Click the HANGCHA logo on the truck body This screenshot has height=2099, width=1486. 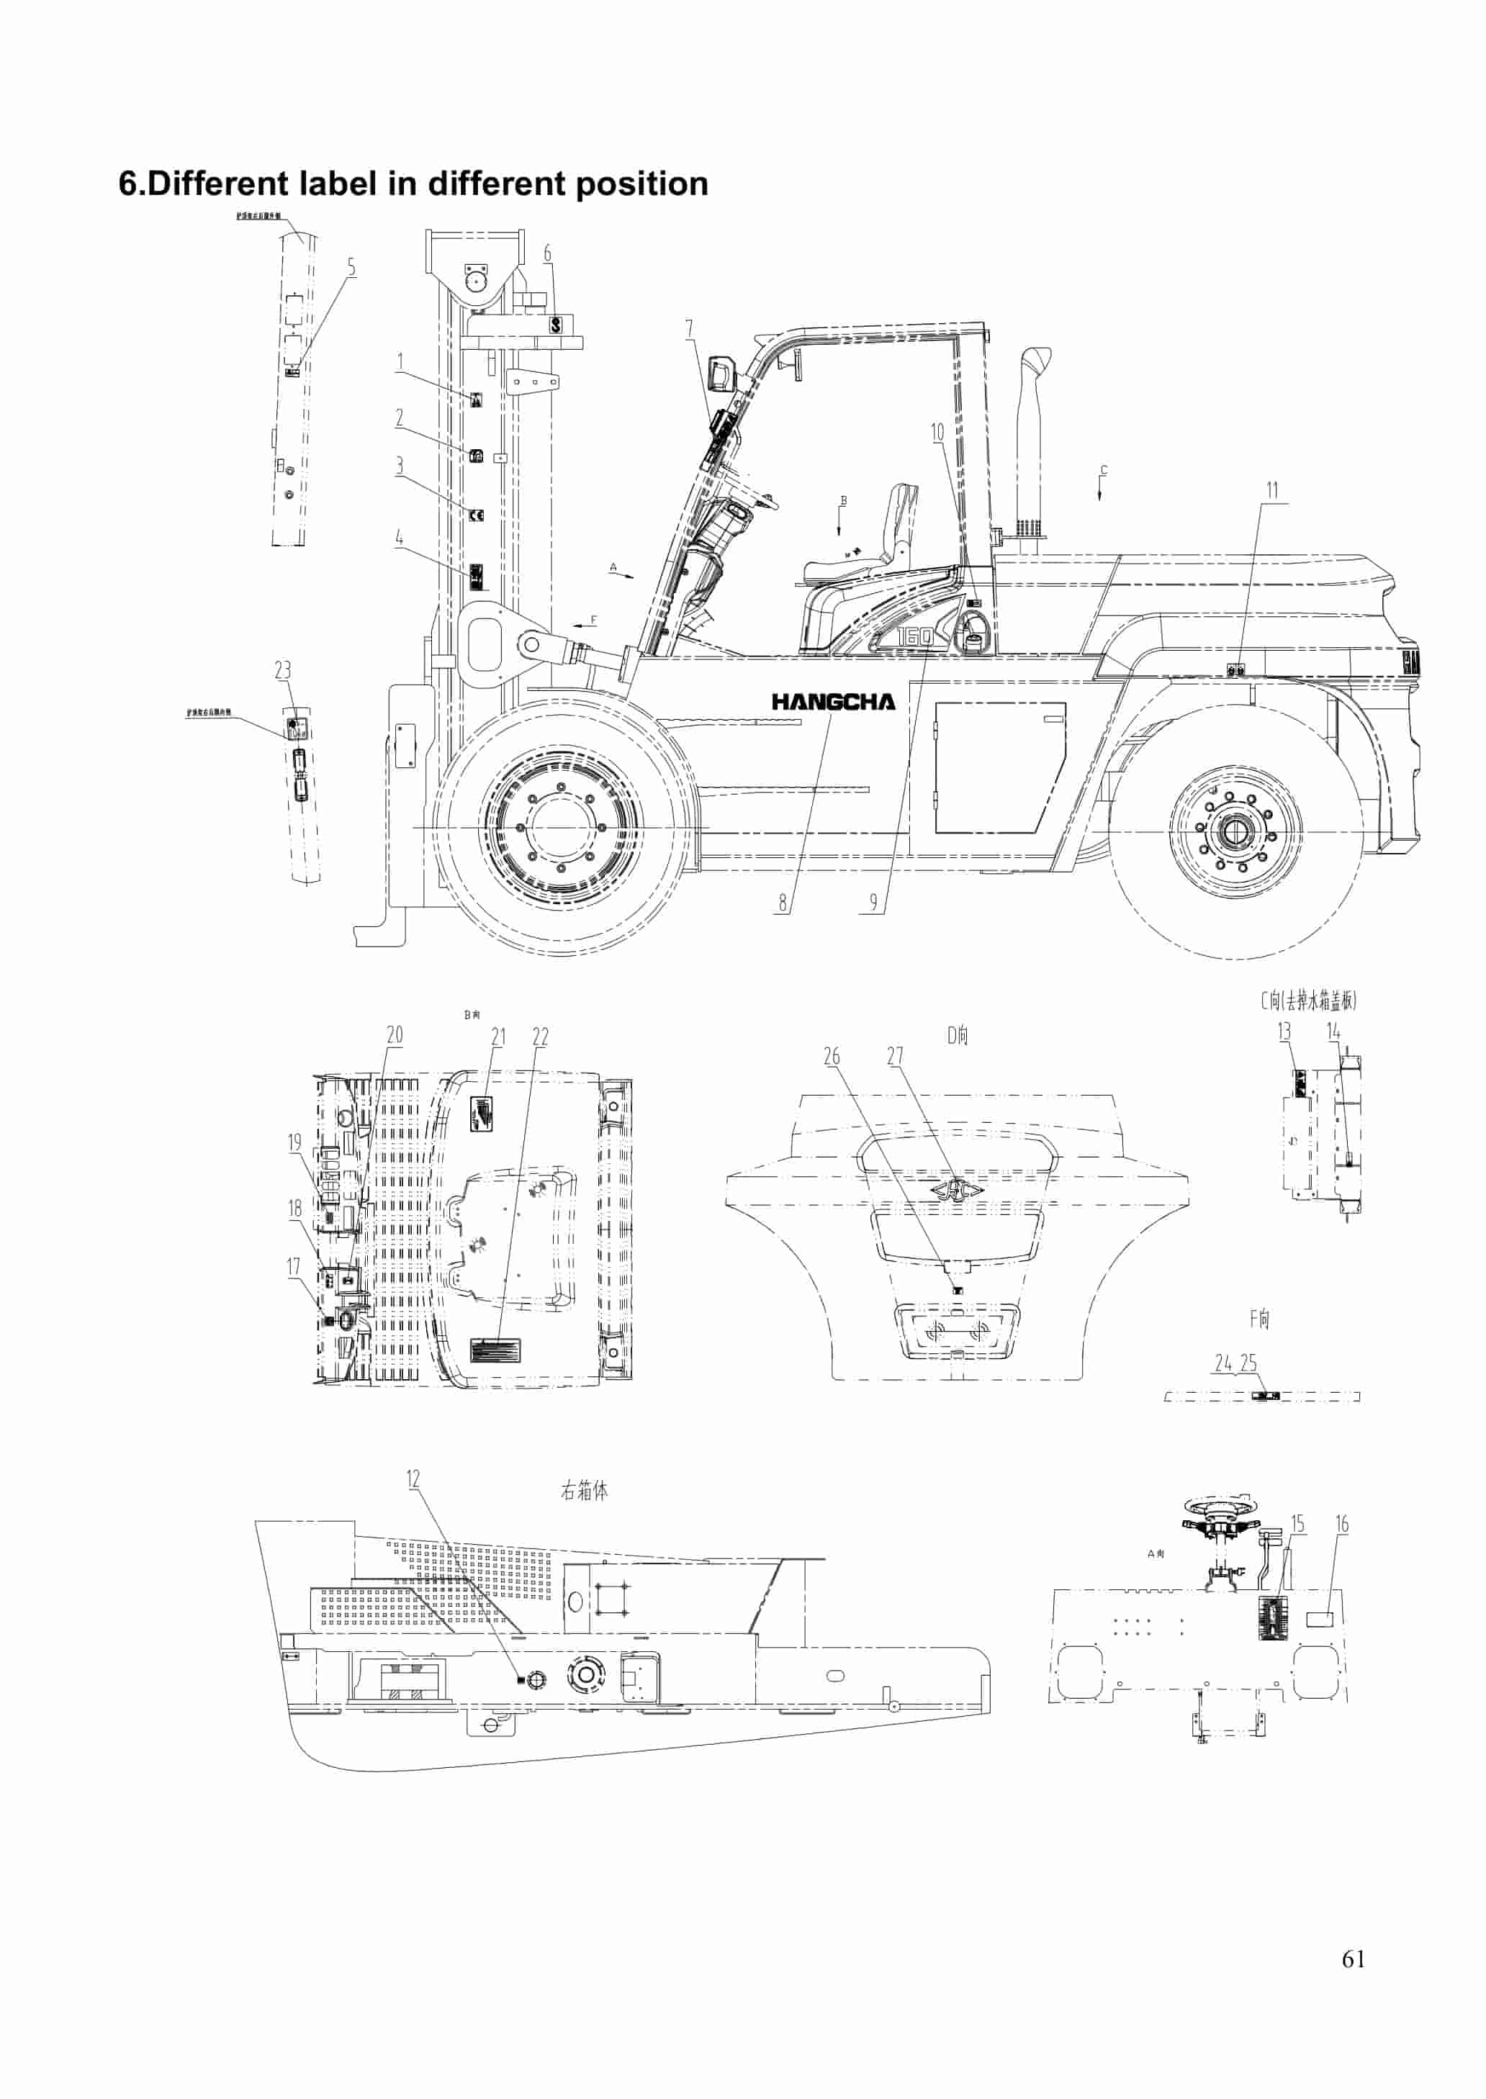[x=833, y=702]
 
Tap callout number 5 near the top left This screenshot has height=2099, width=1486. [x=351, y=267]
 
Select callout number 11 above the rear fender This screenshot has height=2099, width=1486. [x=1272, y=490]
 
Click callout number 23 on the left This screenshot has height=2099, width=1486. [x=283, y=670]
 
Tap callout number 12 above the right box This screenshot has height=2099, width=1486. [x=413, y=1479]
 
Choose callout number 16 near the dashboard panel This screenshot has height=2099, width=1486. [x=1341, y=1524]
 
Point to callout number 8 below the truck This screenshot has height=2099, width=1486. [x=783, y=903]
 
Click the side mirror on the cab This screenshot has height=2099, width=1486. [x=722, y=376]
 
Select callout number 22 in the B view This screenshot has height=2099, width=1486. [x=540, y=1037]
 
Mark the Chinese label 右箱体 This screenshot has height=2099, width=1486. [x=584, y=1491]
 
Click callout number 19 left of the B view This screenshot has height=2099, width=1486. [x=294, y=1142]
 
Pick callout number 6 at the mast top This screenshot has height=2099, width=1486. [x=547, y=253]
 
